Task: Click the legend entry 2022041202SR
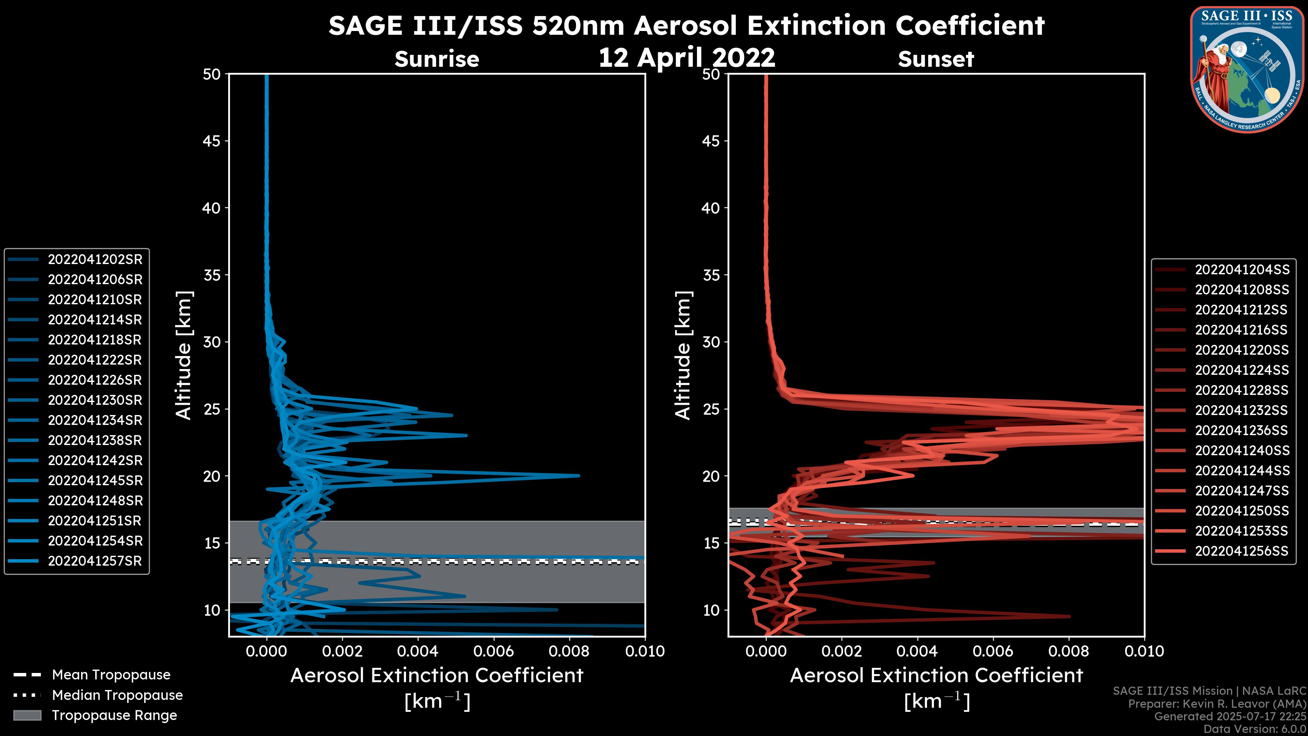point(94,260)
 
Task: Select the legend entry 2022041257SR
point(94,561)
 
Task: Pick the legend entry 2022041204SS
point(1242,270)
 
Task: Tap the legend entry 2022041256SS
point(1242,551)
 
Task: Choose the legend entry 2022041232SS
point(1242,410)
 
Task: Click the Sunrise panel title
point(437,59)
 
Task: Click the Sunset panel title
point(936,59)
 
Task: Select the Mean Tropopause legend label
point(111,675)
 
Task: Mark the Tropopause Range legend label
point(114,715)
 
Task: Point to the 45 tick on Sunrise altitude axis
point(211,141)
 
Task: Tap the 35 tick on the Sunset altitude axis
point(711,275)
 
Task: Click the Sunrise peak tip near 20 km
point(578,476)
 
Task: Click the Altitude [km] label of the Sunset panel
point(683,355)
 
